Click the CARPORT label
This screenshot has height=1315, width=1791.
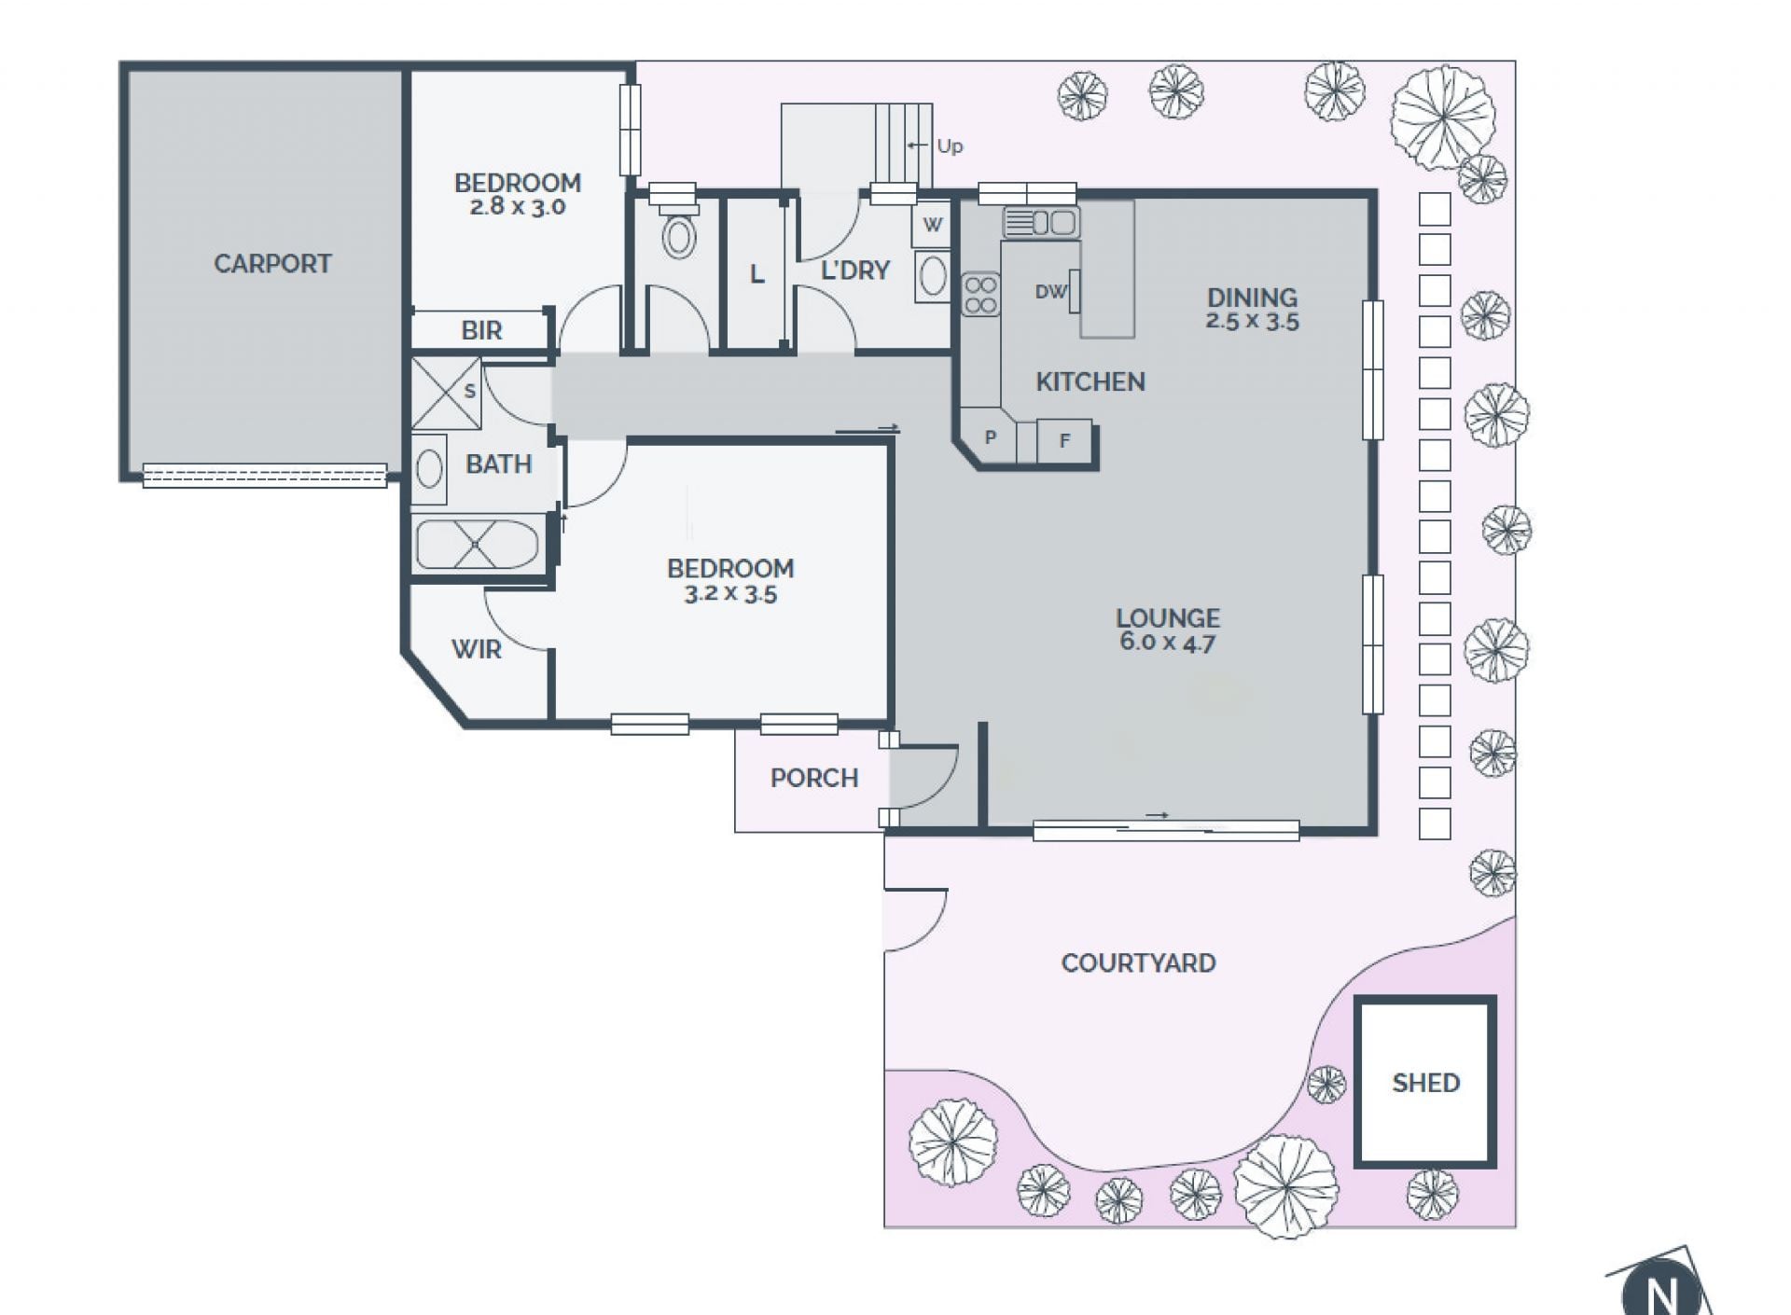[272, 264]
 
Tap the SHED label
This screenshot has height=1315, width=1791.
[1425, 1083]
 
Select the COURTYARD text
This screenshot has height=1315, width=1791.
[1138, 962]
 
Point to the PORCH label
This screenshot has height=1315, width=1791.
[813, 778]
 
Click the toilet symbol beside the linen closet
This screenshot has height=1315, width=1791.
[679, 233]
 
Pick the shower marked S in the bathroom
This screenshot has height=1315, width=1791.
[447, 393]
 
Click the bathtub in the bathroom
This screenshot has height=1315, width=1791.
[477, 544]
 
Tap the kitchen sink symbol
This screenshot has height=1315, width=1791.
[1041, 223]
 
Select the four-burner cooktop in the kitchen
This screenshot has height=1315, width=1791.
[980, 294]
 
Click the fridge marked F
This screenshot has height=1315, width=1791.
[1064, 441]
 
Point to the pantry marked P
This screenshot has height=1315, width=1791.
[990, 436]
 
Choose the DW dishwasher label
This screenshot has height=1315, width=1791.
[1050, 292]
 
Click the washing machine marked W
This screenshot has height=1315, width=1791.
[932, 225]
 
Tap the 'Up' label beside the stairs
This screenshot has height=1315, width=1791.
[950, 146]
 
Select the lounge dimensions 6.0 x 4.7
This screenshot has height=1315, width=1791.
[1167, 643]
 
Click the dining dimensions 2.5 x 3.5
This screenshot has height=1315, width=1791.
[1252, 322]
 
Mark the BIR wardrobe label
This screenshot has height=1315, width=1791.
[481, 330]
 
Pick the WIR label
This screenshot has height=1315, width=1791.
[476, 649]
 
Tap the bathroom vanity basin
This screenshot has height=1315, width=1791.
[429, 469]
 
